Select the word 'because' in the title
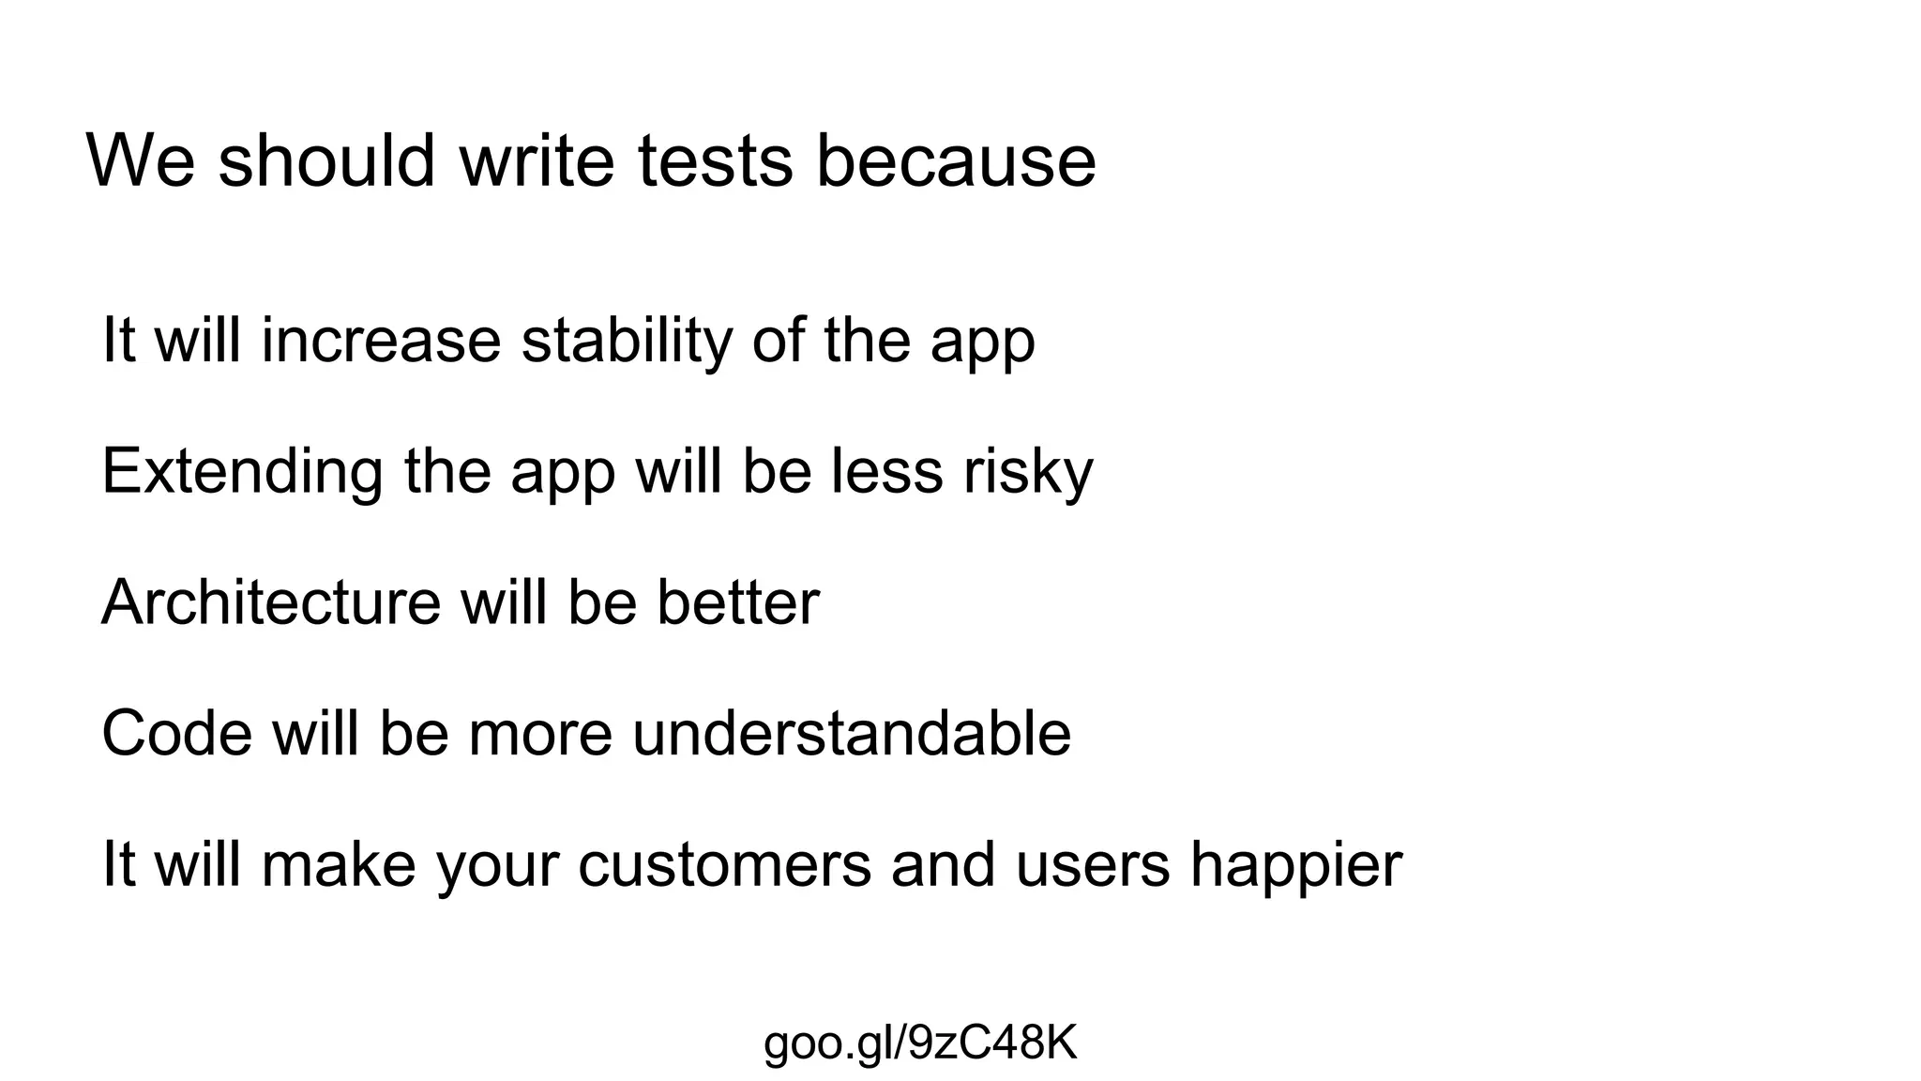[x=956, y=161]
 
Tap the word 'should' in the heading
[x=326, y=161]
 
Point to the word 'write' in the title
[x=537, y=161]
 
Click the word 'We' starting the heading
[x=141, y=161]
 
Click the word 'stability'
[x=626, y=342]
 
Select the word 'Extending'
[x=242, y=472]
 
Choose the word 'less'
[x=886, y=471]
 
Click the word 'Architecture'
[x=270, y=602]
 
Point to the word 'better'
[x=737, y=602]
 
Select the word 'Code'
[x=176, y=734]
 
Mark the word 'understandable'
[x=852, y=734]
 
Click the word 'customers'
[x=724, y=865]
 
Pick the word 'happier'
[x=1296, y=866]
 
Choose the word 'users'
[x=1093, y=865]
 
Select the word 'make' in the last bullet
[x=339, y=865]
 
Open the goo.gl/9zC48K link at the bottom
[x=920, y=1043]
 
